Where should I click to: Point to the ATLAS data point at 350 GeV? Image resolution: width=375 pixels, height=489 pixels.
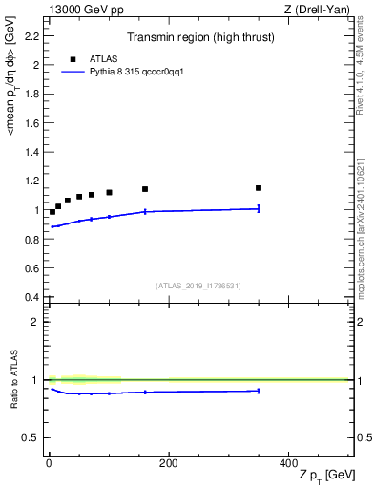point(259,188)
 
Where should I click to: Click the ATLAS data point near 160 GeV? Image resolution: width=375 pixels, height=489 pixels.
point(145,189)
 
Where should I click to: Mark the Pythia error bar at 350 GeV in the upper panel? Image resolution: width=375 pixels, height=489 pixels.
point(259,208)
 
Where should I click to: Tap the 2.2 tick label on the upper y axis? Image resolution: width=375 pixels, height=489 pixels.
point(31,36)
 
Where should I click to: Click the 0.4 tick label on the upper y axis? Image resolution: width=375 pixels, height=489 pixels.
point(31,297)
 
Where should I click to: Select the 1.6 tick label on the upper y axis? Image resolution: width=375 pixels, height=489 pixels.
point(31,123)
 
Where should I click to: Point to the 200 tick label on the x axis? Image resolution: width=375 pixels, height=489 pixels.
point(168,462)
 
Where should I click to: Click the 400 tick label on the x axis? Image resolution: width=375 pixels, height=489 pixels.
point(288,462)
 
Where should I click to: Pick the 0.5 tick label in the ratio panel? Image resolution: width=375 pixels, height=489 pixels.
point(31,437)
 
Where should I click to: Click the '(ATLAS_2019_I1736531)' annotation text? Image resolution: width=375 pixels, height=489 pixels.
point(198,286)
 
